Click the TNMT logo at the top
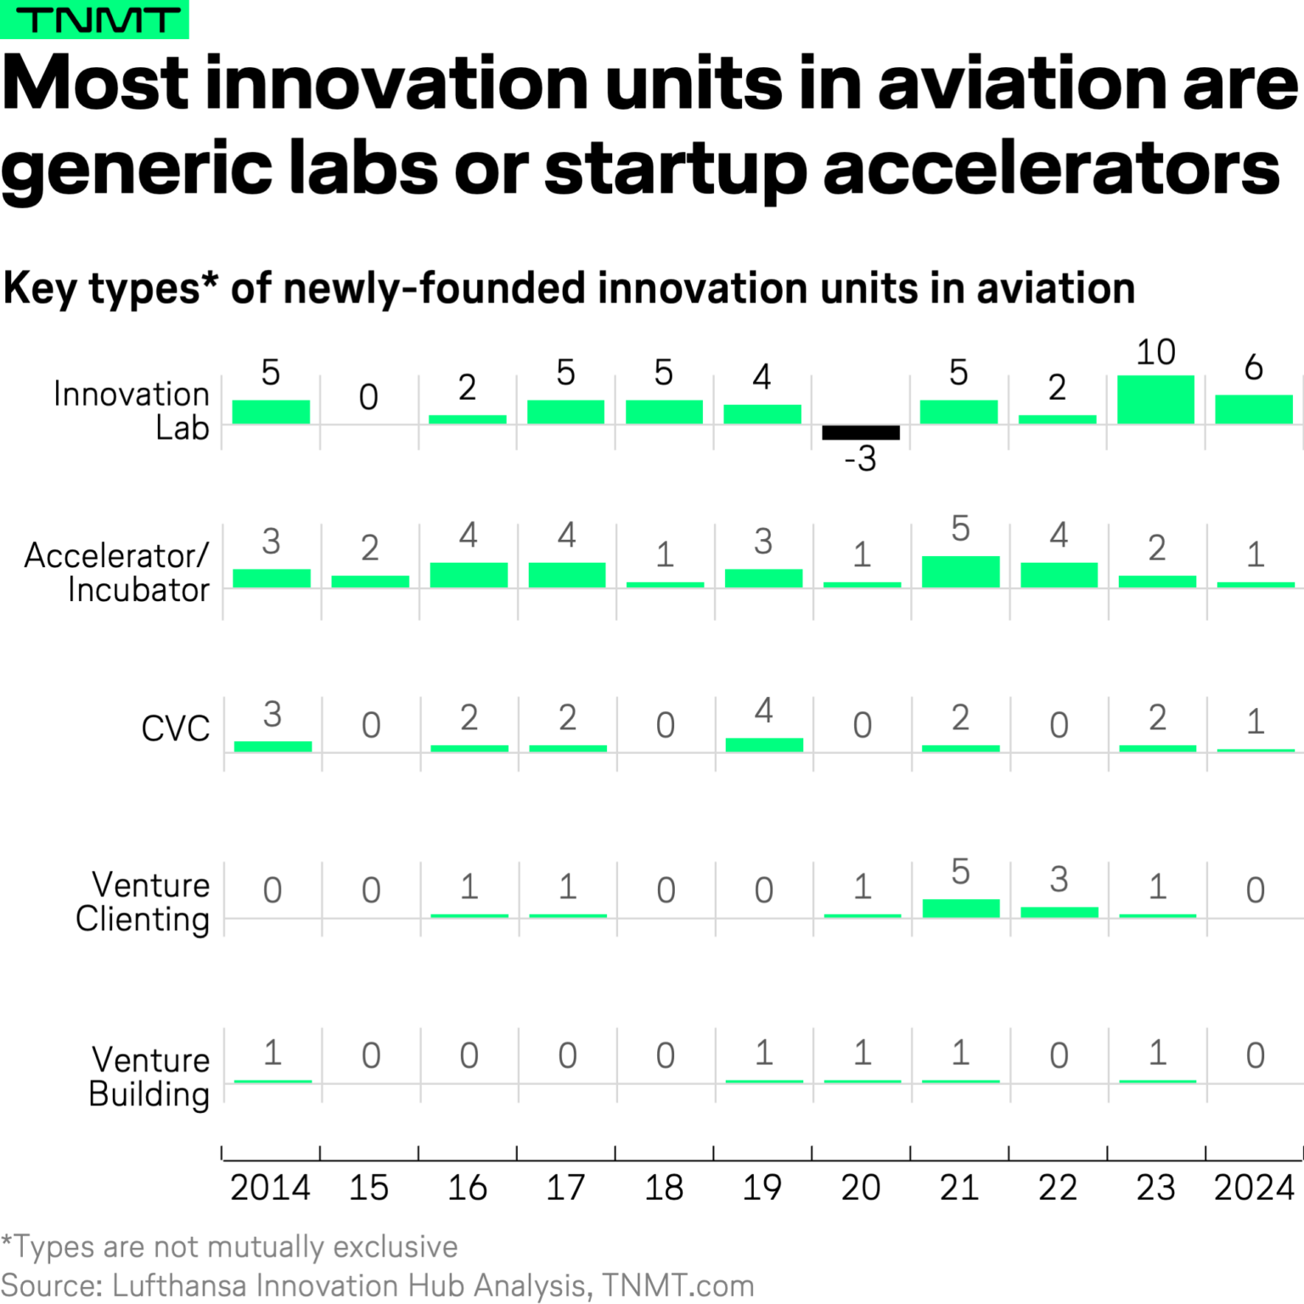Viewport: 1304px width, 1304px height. pyautogui.click(x=94, y=20)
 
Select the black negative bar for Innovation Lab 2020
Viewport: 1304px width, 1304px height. pyautogui.click(x=860, y=432)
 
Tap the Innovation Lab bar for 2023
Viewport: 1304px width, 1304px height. pyautogui.click(x=1155, y=400)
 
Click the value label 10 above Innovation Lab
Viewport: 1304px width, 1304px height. pyautogui.click(x=1155, y=352)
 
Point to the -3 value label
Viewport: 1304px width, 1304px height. pyautogui.click(x=860, y=459)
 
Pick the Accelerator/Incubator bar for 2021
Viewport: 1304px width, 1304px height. pyautogui.click(x=960, y=572)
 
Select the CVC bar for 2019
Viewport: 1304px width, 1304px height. pyautogui.click(x=764, y=745)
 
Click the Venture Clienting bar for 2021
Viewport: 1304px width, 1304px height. pyautogui.click(x=960, y=908)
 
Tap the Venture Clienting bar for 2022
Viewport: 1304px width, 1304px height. pyautogui.click(x=1059, y=912)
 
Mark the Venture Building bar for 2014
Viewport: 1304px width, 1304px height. pyautogui.click(x=273, y=1081)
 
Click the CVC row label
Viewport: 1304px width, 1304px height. pyautogui.click(x=175, y=728)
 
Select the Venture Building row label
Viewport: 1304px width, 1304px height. pyautogui.click(x=149, y=1077)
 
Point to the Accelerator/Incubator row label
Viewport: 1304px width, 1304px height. pyautogui.click(x=117, y=572)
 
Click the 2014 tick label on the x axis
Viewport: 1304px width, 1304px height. pyautogui.click(x=270, y=1188)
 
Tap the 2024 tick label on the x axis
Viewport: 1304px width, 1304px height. pyautogui.click(x=1253, y=1188)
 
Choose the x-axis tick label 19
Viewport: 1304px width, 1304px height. pyautogui.click(x=762, y=1188)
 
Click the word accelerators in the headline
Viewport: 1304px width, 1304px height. pyautogui.click(x=1051, y=168)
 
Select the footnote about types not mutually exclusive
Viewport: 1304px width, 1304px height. pyautogui.click(x=229, y=1246)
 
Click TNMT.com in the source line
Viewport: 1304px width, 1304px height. pyautogui.click(x=677, y=1285)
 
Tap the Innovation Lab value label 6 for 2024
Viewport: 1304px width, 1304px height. pyautogui.click(x=1253, y=368)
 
